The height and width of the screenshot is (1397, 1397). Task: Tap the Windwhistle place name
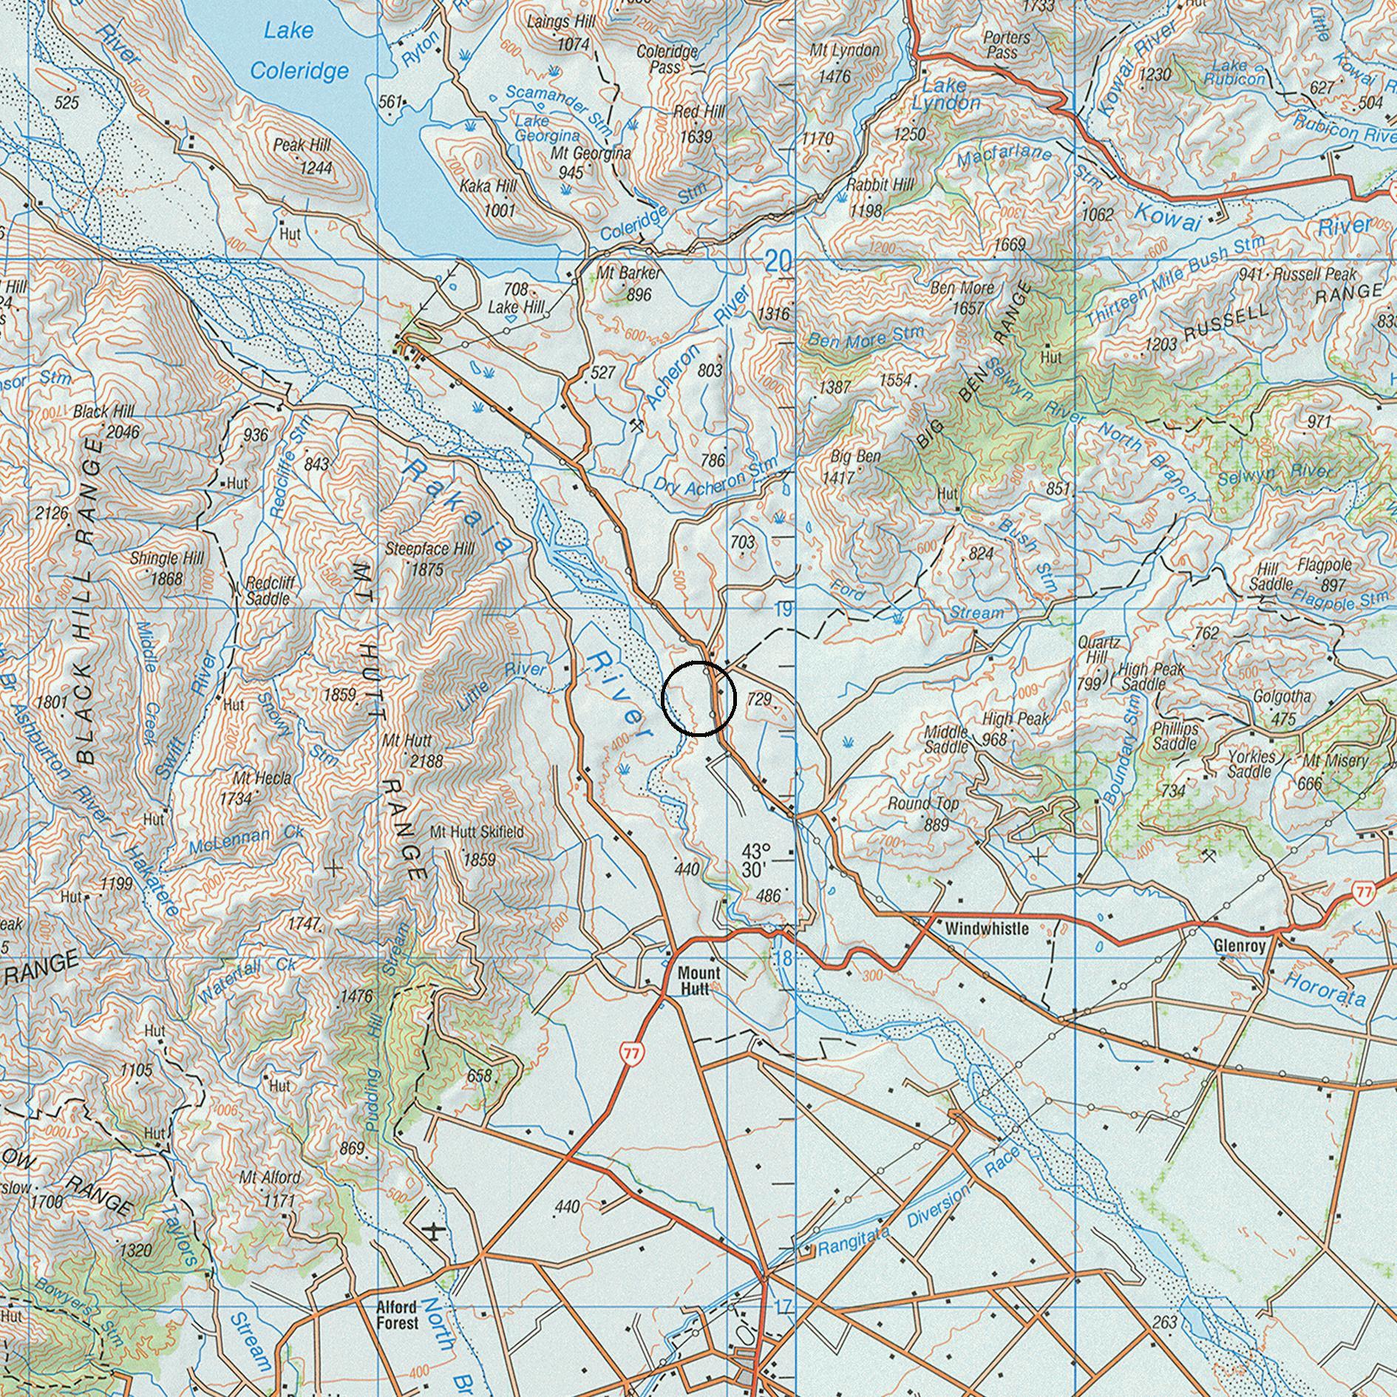[987, 928]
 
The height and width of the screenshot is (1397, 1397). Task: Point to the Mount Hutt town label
[698, 981]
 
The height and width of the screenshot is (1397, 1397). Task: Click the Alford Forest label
[398, 1315]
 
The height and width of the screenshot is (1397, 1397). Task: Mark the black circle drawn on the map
[698, 698]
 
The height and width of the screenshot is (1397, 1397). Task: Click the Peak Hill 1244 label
[303, 156]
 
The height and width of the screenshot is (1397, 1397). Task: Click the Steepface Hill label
[429, 549]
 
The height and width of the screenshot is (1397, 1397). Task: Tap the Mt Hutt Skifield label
[477, 832]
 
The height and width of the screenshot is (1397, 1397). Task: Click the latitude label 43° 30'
[756, 860]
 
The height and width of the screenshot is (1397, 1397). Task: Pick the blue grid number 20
[778, 261]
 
